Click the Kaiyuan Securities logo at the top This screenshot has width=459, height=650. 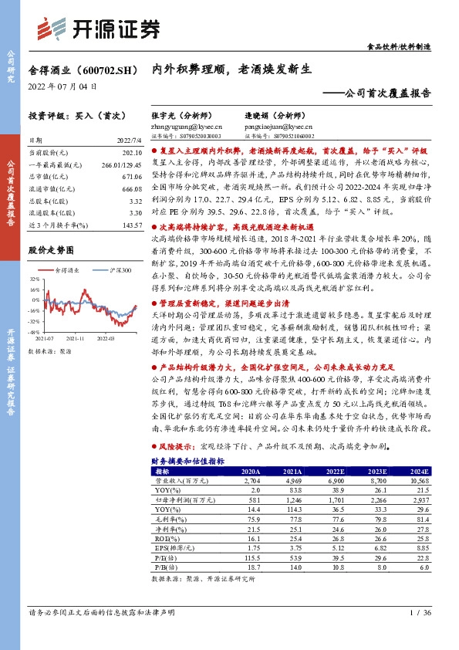100,29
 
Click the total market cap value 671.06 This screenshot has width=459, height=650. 132,178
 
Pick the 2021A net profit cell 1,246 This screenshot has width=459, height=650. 292,499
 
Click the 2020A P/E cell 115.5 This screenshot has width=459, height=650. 250,559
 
